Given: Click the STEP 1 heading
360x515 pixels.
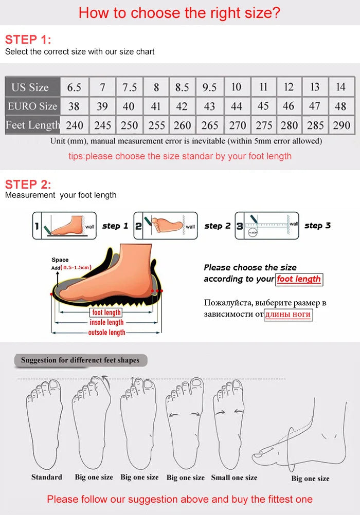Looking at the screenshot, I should coord(28,40).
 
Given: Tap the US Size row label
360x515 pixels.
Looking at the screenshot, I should coord(30,87).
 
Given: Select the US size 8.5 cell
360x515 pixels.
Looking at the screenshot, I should coord(182,87).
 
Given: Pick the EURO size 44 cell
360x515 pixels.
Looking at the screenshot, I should coord(236,106).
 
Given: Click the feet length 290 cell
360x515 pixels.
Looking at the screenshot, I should coord(341,125).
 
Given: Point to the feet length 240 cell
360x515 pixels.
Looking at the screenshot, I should coord(74,125).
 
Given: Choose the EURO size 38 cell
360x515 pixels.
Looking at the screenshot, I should coord(74,106).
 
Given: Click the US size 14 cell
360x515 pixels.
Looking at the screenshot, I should coord(341,87).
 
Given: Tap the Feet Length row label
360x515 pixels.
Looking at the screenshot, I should coord(32,125).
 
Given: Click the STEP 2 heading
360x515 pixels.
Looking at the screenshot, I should coord(28,184).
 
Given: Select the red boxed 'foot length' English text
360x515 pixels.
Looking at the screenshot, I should coord(299,279).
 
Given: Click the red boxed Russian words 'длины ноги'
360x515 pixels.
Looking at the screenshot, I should coord(288,314).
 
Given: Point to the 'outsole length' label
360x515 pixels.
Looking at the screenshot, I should coord(107,333).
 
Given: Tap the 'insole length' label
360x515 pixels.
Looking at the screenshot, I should coord(107,322).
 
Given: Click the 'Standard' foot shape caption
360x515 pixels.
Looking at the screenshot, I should coord(46,477).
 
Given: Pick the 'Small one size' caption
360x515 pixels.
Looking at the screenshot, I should coord(234,477).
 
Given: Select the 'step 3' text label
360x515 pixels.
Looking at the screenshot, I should coord(317,226).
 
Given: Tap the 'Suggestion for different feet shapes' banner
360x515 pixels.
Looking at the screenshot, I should coord(80,360).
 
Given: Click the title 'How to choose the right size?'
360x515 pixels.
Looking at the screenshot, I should coord(179,12).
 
